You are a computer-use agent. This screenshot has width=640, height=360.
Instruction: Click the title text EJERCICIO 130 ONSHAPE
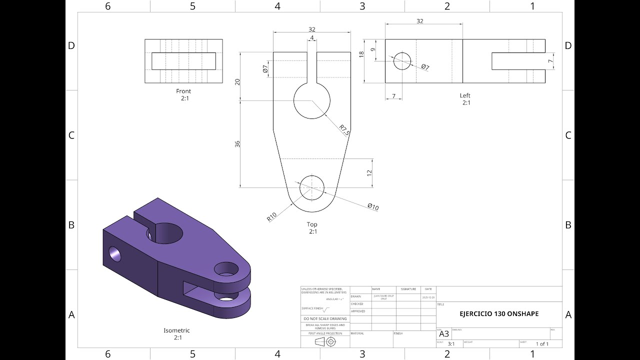tap(499, 314)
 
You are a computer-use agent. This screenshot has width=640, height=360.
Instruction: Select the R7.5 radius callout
tap(344, 129)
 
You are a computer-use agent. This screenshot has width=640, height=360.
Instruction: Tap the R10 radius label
tap(271, 216)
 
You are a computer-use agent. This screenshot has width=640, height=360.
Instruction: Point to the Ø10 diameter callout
tap(372, 207)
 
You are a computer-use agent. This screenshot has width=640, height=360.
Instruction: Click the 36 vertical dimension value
tap(238, 143)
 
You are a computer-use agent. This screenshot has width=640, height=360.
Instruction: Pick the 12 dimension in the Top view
tap(369, 172)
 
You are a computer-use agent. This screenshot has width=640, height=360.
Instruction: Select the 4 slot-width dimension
tap(312, 38)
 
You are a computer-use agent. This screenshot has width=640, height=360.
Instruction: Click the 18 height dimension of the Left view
tap(362, 54)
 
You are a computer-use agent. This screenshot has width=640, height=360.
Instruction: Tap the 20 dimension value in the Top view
tap(238, 81)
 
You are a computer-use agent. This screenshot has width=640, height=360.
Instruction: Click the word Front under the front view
tap(183, 91)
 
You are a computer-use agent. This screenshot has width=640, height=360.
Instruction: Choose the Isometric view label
tap(176, 330)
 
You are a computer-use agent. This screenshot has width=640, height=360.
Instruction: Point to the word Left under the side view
tap(465, 95)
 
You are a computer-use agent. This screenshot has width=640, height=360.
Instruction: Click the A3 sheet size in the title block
tap(444, 334)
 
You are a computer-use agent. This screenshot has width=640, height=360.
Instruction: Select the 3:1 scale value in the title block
tap(451, 344)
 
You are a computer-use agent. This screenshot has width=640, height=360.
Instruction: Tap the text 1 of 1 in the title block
tap(542, 344)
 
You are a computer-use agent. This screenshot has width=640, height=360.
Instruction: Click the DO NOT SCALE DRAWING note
tap(325, 318)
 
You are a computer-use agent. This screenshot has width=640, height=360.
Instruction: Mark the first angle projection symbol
tap(325, 342)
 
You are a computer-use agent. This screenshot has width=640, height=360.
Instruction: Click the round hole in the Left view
tap(401, 61)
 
